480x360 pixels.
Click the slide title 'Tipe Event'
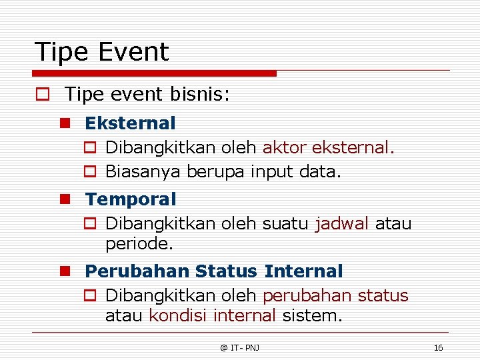coord(102,52)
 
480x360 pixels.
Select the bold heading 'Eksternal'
coord(130,123)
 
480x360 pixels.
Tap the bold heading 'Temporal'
coord(131,199)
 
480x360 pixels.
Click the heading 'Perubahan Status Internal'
coord(213,271)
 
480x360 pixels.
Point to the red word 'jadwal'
coord(341,223)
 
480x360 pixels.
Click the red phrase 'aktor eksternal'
coord(328,147)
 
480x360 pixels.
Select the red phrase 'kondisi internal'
coord(212,315)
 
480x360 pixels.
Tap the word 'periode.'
coord(139,244)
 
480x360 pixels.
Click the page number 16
coord(438,348)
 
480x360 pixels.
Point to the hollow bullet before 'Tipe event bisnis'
coord(42,95)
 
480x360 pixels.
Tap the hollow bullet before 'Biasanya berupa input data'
coord(91,172)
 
